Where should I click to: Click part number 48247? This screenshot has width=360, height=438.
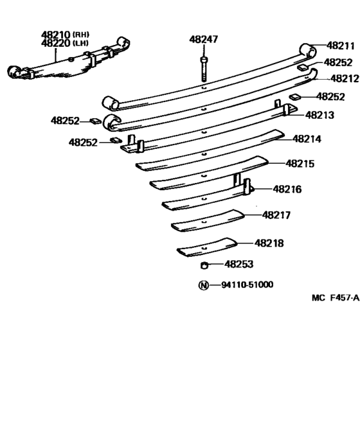pos(204,40)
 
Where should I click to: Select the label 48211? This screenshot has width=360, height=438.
pos(340,46)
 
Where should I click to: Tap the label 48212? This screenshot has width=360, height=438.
pos(344,78)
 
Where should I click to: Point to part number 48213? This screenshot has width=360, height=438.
pos(319,116)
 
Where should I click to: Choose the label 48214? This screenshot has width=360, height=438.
pos(307,139)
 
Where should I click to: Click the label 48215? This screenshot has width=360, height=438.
pos(300,164)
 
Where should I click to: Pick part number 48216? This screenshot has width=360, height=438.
pos(287,189)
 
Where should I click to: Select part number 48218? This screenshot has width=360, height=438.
pos(269,243)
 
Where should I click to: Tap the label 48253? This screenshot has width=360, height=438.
pos(239,264)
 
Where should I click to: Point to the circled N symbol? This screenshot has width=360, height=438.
pos(203,285)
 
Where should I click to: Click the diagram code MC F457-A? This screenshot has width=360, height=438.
pos(335,298)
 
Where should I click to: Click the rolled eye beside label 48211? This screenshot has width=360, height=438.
pos(309,50)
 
